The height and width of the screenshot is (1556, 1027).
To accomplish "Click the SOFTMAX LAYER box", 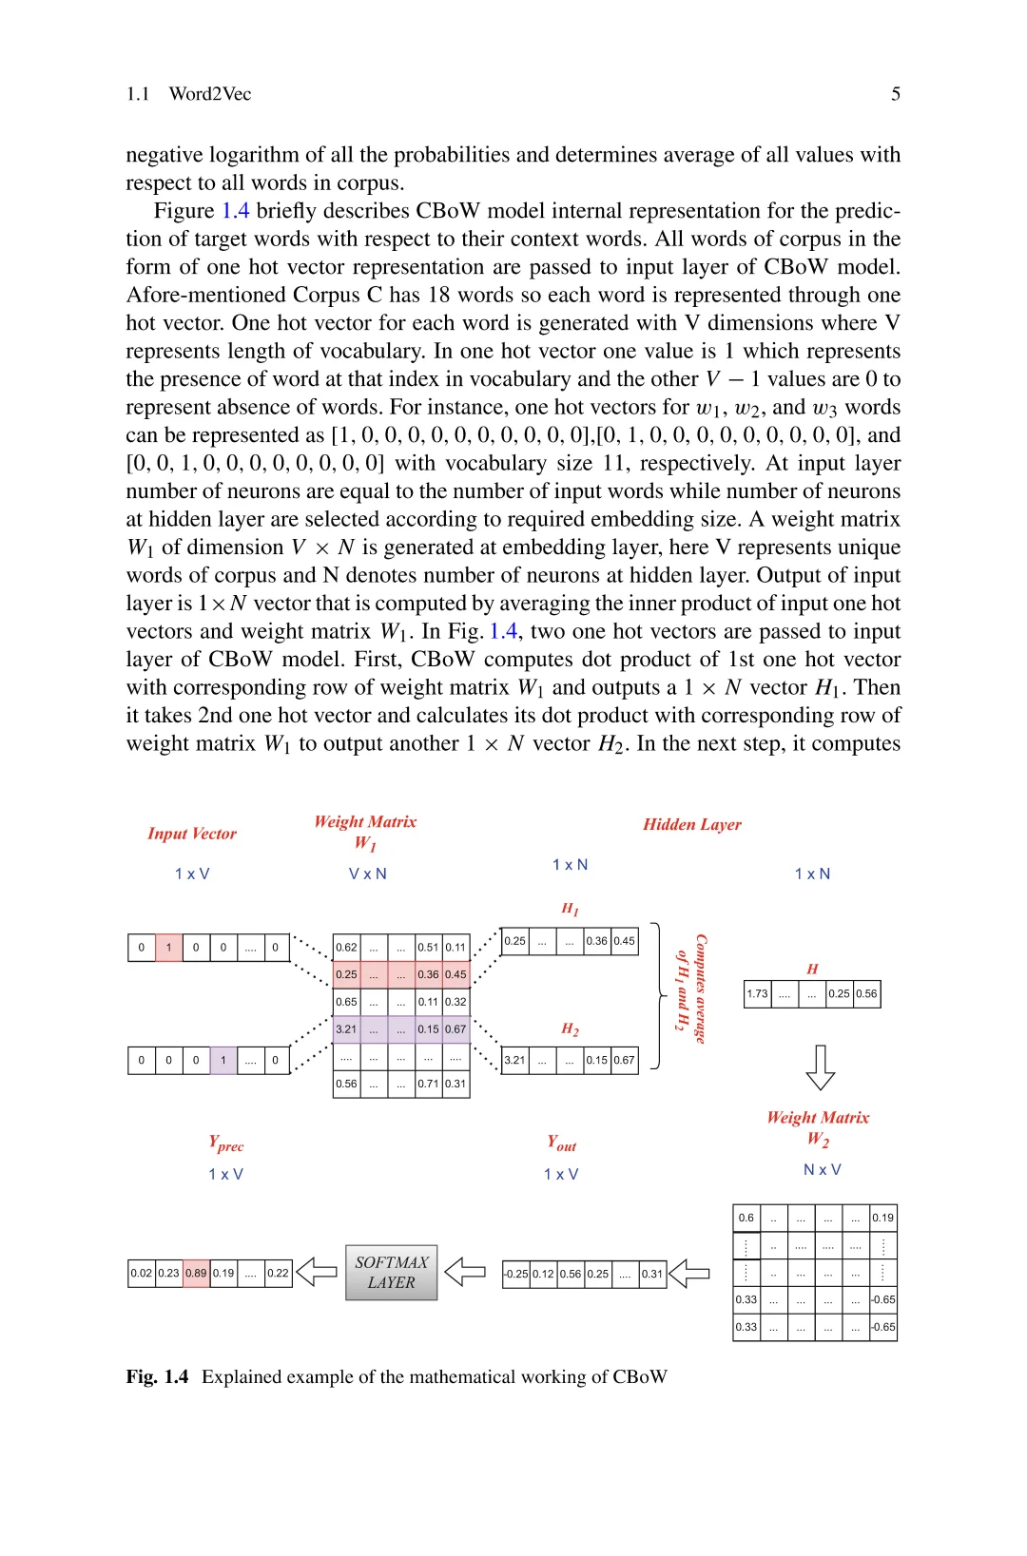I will pyautogui.click(x=391, y=1272).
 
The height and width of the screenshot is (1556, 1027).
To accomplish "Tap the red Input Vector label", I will pyautogui.click(x=192, y=834).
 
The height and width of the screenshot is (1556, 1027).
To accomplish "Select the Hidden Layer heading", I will pyautogui.click(x=691, y=824).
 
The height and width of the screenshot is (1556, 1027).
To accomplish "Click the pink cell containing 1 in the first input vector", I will pyautogui.click(x=168, y=947).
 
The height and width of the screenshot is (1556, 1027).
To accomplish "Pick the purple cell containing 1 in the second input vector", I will pyautogui.click(x=223, y=1060).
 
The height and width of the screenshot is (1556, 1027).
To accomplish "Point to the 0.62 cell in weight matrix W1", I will pyautogui.click(x=346, y=947).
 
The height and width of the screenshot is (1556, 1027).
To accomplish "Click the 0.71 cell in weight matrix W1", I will pyautogui.click(x=428, y=1084).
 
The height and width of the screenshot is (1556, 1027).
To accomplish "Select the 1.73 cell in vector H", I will pyautogui.click(x=757, y=993).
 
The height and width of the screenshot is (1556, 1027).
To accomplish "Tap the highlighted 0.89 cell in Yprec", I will pyautogui.click(x=196, y=1273).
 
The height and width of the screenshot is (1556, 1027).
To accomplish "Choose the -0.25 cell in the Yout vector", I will pyautogui.click(x=515, y=1274).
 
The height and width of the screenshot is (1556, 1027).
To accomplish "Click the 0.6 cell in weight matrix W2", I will pyautogui.click(x=746, y=1218).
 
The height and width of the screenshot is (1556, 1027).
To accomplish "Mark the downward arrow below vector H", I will pyautogui.click(x=820, y=1067).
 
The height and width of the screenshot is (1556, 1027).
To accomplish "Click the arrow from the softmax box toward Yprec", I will pyautogui.click(x=317, y=1272).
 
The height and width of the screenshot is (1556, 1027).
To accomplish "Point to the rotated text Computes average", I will pyautogui.click(x=701, y=989).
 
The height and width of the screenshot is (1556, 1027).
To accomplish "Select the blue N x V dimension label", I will pyautogui.click(x=822, y=1169).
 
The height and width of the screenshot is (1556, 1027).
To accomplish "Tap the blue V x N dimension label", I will pyautogui.click(x=367, y=874).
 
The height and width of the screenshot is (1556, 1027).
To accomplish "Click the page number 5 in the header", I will pyautogui.click(x=895, y=93).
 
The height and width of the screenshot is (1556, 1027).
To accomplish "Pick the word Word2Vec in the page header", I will pyautogui.click(x=210, y=93).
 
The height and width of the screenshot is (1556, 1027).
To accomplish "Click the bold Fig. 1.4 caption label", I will pyautogui.click(x=157, y=1376).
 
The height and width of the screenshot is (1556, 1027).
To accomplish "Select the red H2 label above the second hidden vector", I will pyautogui.click(x=570, y=1028).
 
